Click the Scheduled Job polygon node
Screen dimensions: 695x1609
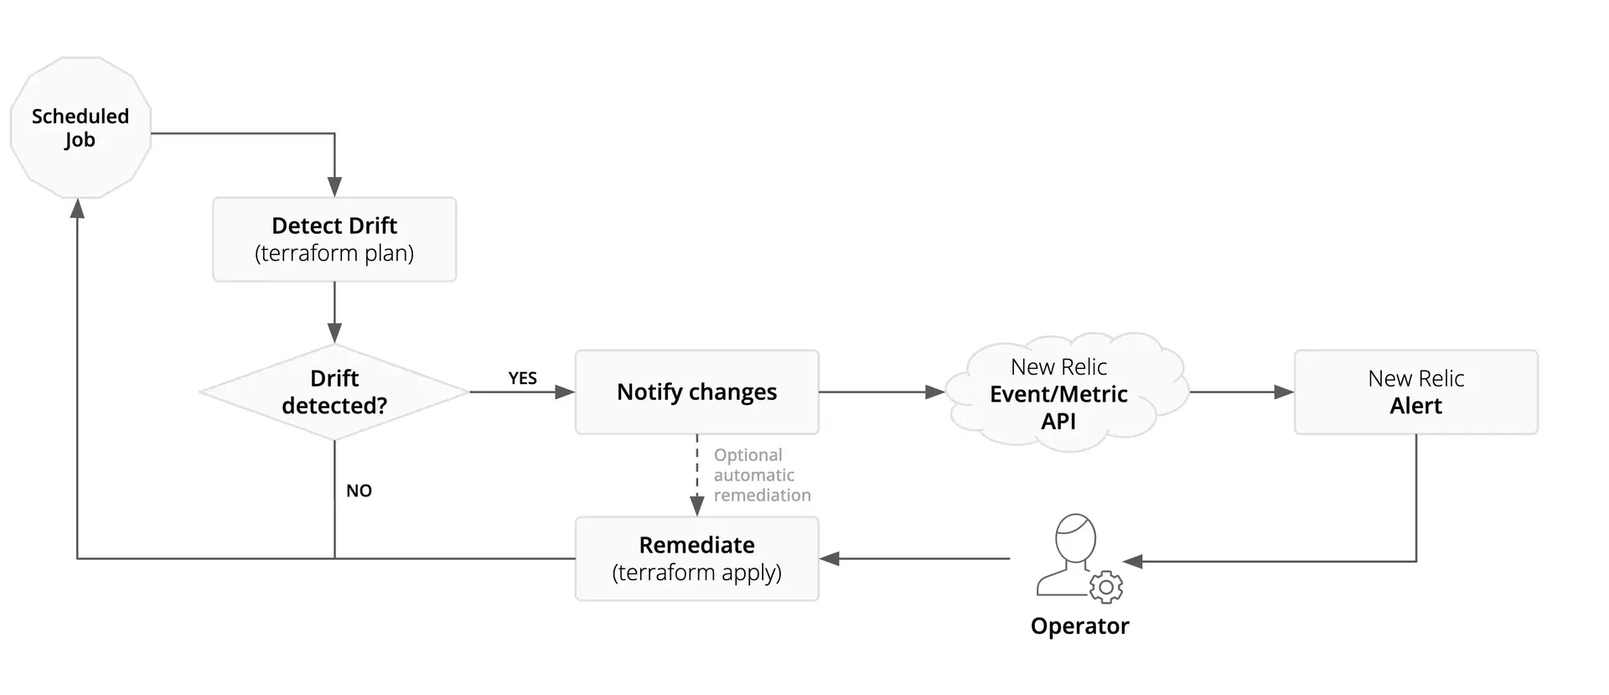[80, 128]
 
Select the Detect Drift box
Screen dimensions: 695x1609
[334, 239]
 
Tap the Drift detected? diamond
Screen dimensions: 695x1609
[334, 392]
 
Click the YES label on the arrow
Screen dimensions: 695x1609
[522, 378]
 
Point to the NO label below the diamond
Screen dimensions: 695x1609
[359, 490]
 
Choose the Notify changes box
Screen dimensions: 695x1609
[696, 392]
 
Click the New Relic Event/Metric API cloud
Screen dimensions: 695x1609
[1058, 393]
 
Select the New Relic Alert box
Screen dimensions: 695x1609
[1415, 392]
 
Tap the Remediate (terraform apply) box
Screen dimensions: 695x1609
[696, 558]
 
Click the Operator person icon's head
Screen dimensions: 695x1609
[1075, 537]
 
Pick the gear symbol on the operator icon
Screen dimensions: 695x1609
[1106, 587]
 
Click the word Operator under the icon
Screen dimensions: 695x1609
[1079, 626]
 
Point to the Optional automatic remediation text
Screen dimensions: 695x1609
[761, 475]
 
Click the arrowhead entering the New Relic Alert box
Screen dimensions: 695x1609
[1283, 392]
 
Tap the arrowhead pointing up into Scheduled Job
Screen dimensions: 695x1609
[77, 209]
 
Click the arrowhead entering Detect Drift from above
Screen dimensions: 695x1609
[334, 187]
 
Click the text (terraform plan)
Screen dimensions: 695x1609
[334, 253]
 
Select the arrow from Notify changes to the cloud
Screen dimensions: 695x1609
[880, 392]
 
